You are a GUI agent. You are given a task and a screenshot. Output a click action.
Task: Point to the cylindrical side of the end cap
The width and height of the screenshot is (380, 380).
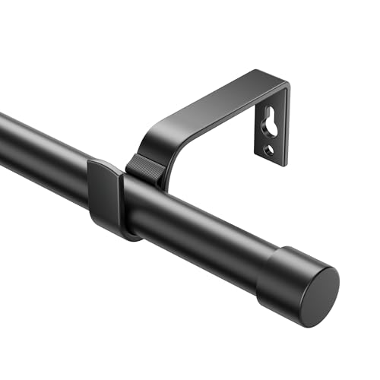point(277,270)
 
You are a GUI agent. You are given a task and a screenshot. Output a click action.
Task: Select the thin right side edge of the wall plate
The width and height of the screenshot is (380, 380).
point(288,125)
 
